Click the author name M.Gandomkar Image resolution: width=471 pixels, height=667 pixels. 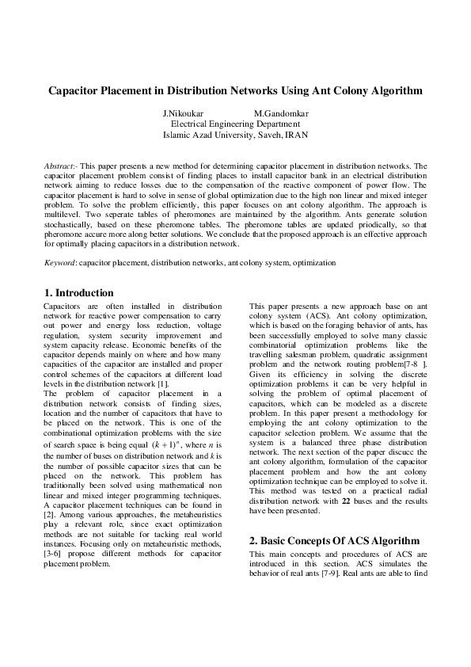281,113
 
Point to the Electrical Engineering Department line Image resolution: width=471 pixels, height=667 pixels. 235,124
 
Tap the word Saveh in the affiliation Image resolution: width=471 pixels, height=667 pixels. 264,135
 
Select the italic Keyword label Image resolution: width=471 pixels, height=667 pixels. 59,262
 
